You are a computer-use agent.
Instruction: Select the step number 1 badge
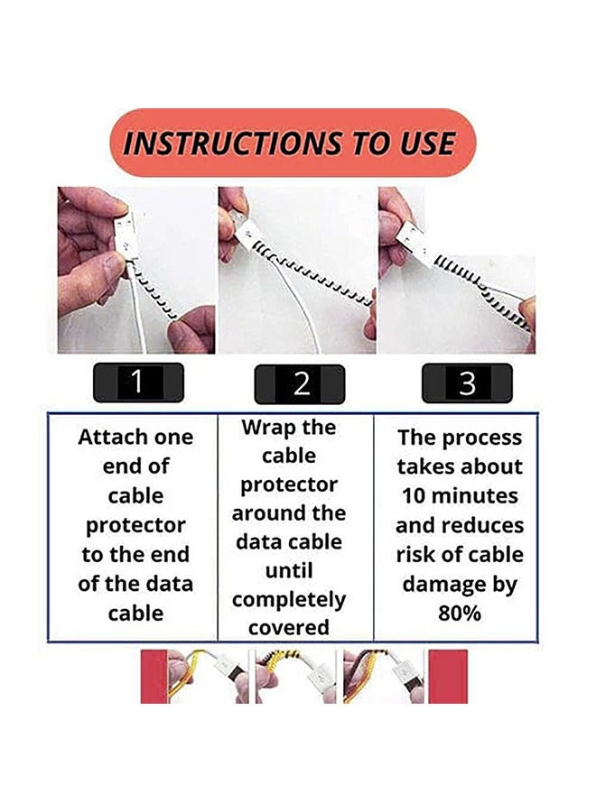[x=137, y=382]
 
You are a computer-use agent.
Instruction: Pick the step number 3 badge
[x=466, y=383]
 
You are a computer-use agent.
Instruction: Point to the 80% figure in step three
[x=461, y=614]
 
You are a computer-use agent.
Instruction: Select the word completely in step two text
[x=289, y=600]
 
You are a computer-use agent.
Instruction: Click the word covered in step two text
[x=289, y=628]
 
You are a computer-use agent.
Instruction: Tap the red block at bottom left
[x=154, y=676]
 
